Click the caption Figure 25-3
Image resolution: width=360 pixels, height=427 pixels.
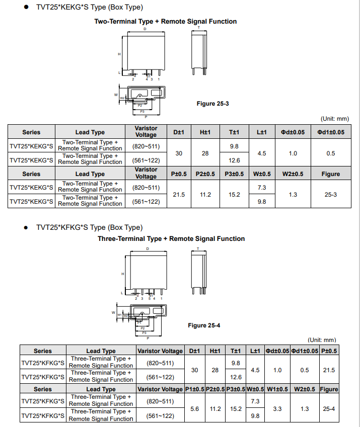[212, 104]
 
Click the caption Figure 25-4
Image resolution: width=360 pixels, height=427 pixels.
[204, 325]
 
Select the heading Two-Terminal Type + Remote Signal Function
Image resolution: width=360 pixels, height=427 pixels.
[166, 22]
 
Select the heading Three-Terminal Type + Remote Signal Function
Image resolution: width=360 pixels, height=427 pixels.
[171, 239]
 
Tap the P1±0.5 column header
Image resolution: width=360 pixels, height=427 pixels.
[195, 389]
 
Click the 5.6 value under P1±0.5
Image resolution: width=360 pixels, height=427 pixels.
[195, 409]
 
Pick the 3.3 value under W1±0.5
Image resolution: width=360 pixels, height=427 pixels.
[277, 409]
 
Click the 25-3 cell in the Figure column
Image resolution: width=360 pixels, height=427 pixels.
[330, 194]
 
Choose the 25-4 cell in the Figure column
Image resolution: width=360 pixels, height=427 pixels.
[329, 409]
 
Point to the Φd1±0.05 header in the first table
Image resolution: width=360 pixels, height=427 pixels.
[330, 132]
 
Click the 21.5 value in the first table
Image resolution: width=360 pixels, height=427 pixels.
[179, 194]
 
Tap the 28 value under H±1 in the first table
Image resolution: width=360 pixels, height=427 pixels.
[205, 153]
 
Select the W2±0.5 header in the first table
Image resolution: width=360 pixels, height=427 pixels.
[293, 174]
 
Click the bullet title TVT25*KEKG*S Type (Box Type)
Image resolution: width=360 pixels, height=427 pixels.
[89, 8]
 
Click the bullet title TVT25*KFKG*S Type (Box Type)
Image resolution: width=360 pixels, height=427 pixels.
[89, 227]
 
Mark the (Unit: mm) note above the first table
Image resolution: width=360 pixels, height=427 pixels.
[334, 119]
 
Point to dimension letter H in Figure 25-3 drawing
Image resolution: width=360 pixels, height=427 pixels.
[119, 54]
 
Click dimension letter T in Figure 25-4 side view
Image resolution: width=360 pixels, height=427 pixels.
[198, 249]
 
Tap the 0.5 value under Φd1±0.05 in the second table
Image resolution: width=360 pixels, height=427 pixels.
[305, 370]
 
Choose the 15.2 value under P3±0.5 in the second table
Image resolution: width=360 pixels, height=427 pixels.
[236, 409]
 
